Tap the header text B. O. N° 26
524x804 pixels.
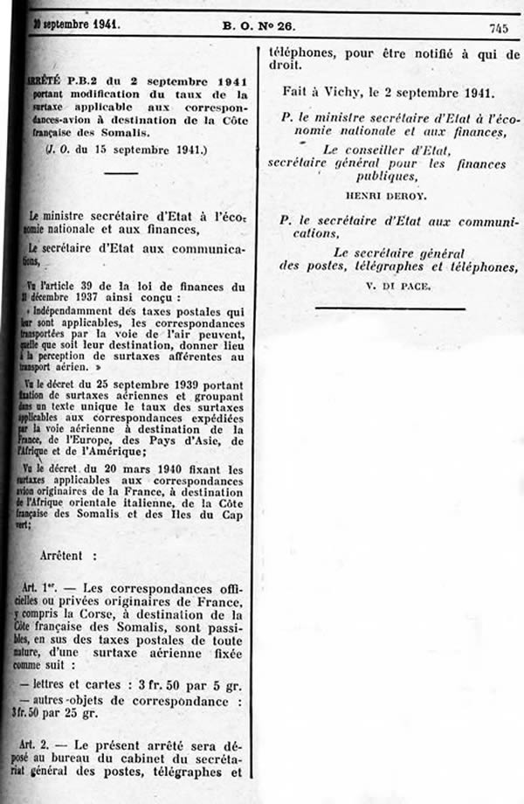(x=259, y=25)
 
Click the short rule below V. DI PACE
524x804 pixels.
(x=390, y=307)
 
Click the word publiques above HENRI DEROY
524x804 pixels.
(x=389, y=175)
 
